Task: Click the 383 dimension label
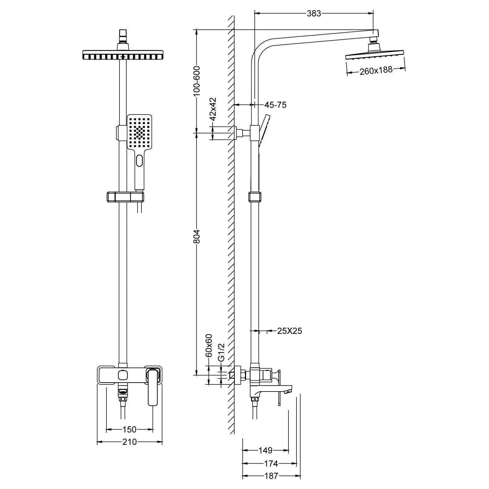[314, 13]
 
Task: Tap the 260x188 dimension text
[376, 71]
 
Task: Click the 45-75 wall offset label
[275, 105]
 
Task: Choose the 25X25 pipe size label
[289, 331]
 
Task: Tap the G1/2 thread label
[221, 353]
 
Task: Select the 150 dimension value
[129, 430]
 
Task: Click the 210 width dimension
[129, 442]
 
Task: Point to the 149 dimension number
[265, 450]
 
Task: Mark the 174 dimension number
[271, 464]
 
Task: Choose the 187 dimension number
[271, 476]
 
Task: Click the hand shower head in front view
[140, 132]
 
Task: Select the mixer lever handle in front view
[153, 387]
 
